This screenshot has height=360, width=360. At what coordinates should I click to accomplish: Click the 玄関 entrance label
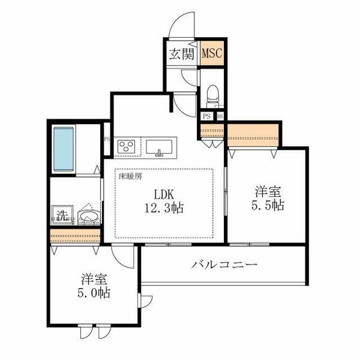pyautogui.click(x=181, y=53)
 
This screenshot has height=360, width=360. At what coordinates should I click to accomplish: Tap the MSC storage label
pyautogui.click(x=212, y=53)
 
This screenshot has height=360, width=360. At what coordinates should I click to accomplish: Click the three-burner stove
pyautogui.click(x=127, y=146)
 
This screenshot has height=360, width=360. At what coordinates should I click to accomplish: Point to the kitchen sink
pyautogui.click(x=160, y=146)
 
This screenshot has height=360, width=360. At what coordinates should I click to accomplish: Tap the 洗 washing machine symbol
pyautogui.click(x=61, y=214)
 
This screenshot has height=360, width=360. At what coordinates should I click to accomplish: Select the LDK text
pyautogui.click(x=161, y=196)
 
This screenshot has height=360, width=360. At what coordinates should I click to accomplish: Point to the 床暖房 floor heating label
pyautogui.click(x=130, y=176)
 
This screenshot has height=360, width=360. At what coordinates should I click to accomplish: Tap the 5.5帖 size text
pyautogui.click(x=268, y=205)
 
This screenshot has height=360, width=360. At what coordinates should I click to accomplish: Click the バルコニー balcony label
pyautogui.click(x=225, y=264)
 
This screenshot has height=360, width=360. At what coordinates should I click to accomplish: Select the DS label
pyautogui.click(x=220, y=116)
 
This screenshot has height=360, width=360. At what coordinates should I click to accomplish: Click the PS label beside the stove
pyautogui.click(x=107, y=140)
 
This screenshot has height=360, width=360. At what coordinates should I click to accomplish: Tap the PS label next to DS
pyautogui.click(x=206, y=116)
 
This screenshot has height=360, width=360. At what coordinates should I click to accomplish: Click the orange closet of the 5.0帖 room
pyautogui.click(x=76, y=237)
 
